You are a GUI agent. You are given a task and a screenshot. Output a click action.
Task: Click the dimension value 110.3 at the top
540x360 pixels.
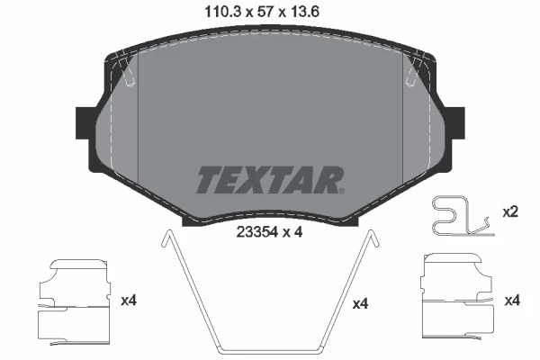[222, 12]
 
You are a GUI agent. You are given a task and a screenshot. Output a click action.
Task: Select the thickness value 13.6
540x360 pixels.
[304, 12]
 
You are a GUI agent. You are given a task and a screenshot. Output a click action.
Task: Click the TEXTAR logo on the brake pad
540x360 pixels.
[270, 180]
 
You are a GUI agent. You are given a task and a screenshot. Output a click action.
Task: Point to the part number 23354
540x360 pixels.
[256, 232]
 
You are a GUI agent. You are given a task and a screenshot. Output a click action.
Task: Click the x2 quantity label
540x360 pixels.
[510, 212]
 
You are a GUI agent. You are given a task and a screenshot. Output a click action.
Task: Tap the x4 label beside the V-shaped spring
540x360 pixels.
[361, 304]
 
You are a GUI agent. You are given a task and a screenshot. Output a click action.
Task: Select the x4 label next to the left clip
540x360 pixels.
[129, 301]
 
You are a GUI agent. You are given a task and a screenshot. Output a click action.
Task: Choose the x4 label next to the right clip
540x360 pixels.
[512, 301]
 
